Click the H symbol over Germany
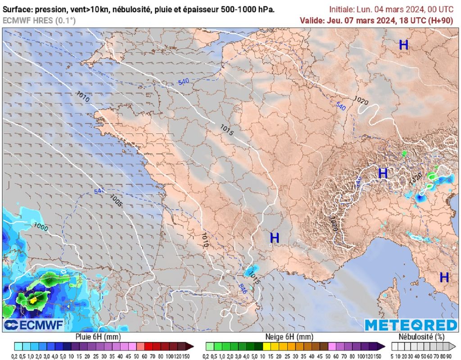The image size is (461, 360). (x=404, y=45)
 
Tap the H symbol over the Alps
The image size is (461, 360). (x=383, y=173)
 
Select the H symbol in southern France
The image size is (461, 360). (x=274, y=237)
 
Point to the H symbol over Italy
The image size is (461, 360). (x=444, y=277)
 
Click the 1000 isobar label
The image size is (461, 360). (x=41, y=226)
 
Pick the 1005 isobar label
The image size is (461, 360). (x=116, y=201)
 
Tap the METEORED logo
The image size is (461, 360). (x=410, y=325)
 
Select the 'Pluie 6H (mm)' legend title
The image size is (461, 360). (x=97, y=337)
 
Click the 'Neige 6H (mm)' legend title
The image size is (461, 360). (x=289, y=337)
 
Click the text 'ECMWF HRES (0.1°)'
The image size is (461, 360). (x=39, y=20)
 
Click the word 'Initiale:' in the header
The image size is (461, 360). (x=343, y=9)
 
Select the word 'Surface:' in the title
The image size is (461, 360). (x=18, y=9)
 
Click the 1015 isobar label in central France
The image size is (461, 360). (x=226, y=130)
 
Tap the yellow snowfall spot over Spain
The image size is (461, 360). (x=33, y=299)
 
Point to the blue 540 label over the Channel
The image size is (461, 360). (x=184, y=82)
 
